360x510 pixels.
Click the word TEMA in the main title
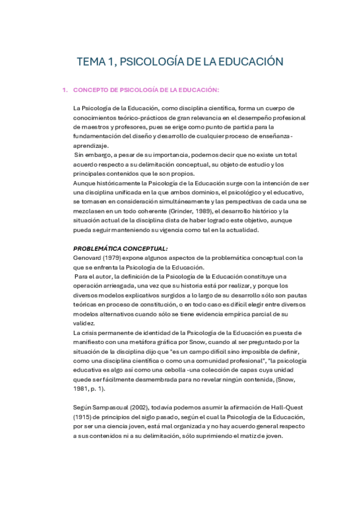click(92, 62)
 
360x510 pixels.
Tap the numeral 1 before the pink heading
click(64, 90)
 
